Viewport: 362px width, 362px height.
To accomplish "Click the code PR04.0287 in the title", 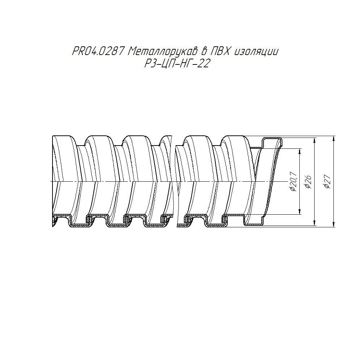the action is pos(98,51).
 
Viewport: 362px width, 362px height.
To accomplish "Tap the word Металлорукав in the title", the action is pos(163,52).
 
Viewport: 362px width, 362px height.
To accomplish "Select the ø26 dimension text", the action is pos(308,182).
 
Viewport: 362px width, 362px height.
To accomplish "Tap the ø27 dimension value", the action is pos(328,182).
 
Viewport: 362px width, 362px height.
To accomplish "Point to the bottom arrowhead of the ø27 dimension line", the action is pos(334,225).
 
